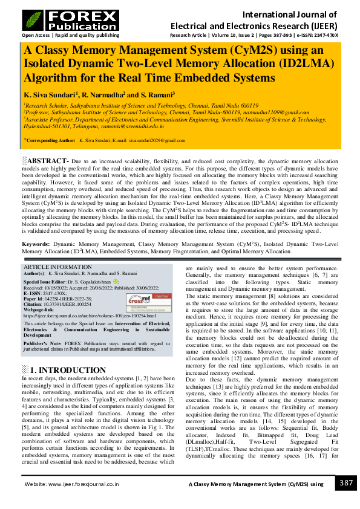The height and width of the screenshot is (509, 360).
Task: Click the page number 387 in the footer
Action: [345, 483]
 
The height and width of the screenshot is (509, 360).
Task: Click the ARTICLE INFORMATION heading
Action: [58, 267]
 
